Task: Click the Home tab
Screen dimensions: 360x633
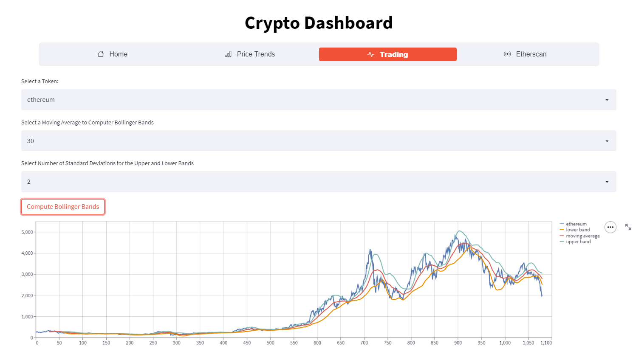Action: (113, 54)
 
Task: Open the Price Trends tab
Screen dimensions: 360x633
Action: (250, 54)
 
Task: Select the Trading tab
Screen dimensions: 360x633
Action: (387, 54)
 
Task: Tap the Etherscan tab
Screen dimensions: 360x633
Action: (525, 54)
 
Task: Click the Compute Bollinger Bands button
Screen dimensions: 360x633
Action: (63, 207)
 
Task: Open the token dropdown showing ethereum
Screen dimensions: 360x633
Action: (319, 100)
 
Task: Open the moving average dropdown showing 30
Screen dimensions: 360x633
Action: (319, 141)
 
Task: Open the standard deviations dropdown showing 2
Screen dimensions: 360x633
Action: (319, 182)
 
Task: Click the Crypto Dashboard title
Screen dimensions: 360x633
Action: (319, 23)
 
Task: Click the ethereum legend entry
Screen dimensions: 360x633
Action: (576, 224)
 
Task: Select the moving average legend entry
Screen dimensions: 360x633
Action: (582, 236)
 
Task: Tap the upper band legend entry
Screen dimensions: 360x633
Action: (578, 242)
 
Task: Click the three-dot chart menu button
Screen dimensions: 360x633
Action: (610, 227)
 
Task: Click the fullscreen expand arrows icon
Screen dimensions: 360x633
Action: (628, 227)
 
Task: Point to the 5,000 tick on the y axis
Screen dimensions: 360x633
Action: (27, 232)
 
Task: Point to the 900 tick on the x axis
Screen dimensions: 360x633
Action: (458, 343)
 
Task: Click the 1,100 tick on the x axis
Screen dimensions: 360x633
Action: (546, 343)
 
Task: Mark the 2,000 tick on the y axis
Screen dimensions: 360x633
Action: (27, 295)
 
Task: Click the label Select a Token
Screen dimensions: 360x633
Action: (40, 81)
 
